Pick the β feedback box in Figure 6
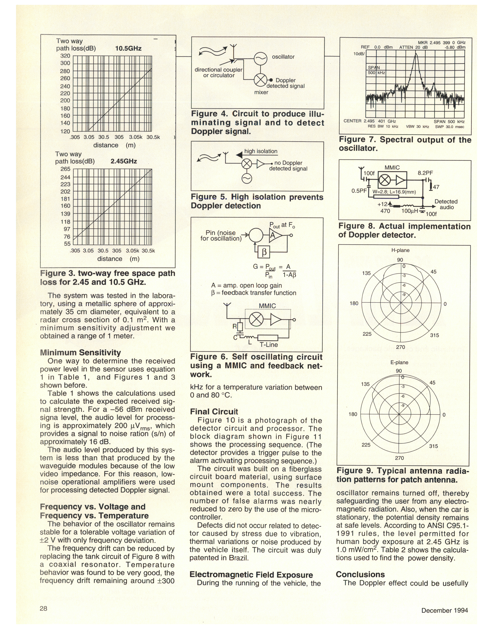pyautogui.click(x=264, y=253)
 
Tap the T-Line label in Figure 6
pyautogui.click(x=269, y=345)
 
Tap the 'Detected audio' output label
pyautogui.click(x=446, y=204)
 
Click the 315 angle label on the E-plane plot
pyautogui.click(x=433, y=446)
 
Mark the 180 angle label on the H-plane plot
pyautogui.click(x=354, y=303)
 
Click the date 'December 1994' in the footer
pyautogui.click(x=445, y=610)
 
